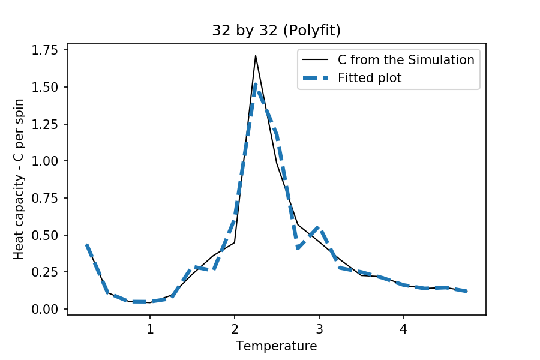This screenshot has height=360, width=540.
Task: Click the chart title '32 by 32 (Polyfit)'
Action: [x=276, y=31]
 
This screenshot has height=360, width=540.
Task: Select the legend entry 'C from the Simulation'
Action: [x=406, y=60]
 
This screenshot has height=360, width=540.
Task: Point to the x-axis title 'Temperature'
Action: [x=276, y=346]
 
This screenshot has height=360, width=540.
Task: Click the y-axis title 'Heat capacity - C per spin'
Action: [x=19, y=179]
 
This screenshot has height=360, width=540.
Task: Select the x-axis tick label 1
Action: [x=150, y=329]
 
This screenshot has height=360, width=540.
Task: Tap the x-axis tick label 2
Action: [x=235, y=329]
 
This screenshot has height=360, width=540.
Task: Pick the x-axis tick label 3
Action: [x=319, y=329]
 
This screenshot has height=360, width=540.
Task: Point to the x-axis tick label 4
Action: [x=404, y=329]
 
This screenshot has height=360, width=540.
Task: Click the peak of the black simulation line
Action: [x=256, y=56]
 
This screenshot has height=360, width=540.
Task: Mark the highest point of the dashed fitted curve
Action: [x=256, y=83]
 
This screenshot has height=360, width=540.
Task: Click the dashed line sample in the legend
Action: [x=316, y=77]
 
